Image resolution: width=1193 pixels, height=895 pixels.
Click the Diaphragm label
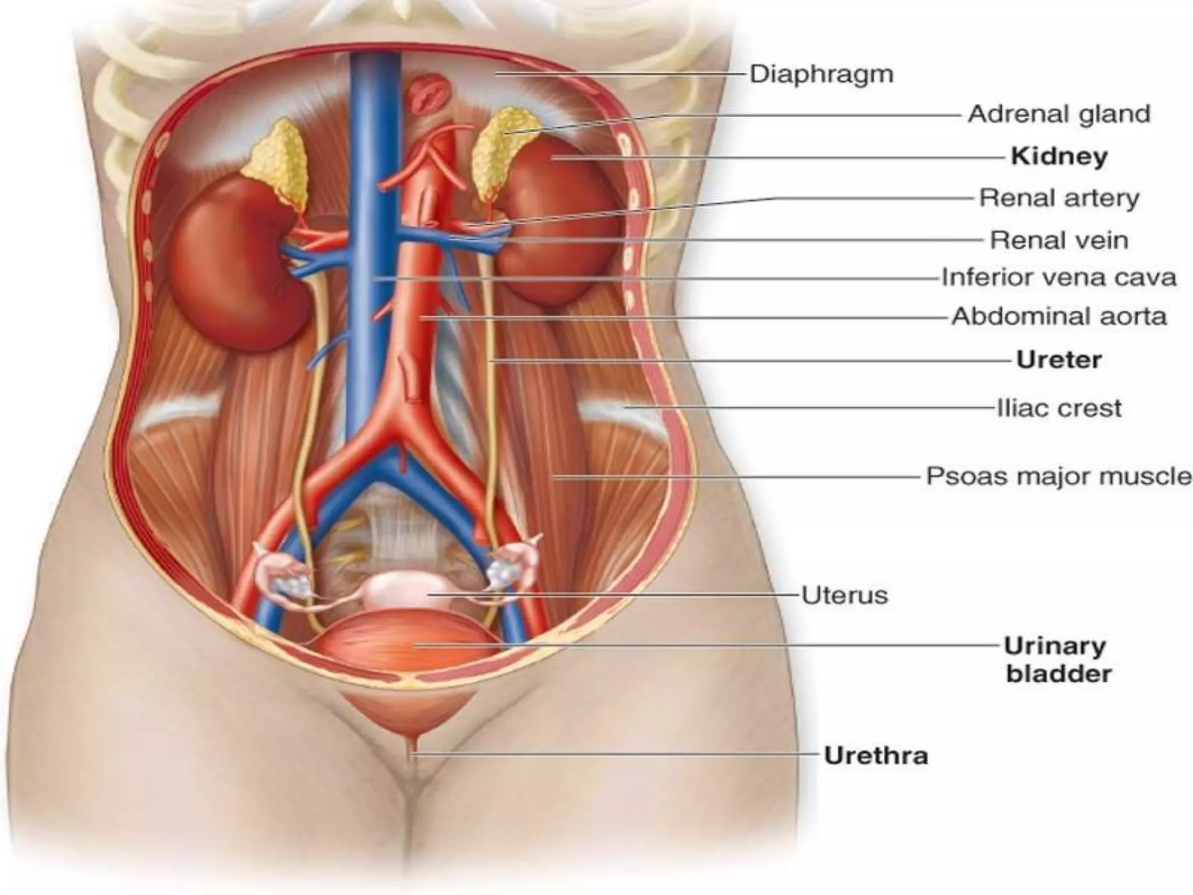821,75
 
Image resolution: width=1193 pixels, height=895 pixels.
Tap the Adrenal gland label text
1059,114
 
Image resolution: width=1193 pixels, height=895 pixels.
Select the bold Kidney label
1059,156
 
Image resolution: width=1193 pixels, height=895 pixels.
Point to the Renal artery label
1059,198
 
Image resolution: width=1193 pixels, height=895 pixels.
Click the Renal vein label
1059,240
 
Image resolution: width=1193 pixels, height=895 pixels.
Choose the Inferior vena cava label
1059,277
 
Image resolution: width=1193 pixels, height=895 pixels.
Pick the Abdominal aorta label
1059,317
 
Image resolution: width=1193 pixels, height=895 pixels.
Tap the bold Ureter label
1059,360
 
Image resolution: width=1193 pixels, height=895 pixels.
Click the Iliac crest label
1059,408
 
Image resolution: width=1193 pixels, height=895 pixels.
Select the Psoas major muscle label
1059,476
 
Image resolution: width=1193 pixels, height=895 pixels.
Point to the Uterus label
845,596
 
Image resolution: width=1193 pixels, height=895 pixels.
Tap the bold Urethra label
876,756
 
